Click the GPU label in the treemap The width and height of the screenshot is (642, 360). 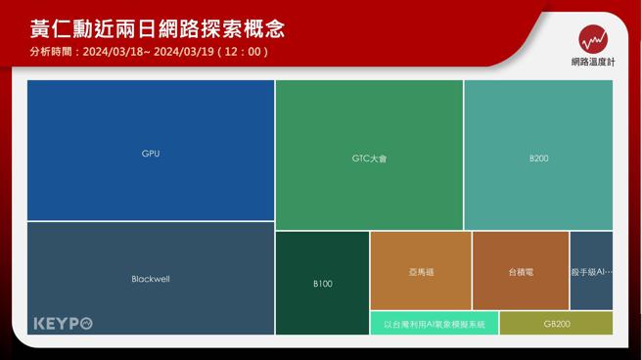(151, 154)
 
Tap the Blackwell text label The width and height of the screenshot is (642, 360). (151, 279)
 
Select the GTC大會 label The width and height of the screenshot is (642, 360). (369, 157)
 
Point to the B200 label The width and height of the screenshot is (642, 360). (539, 157)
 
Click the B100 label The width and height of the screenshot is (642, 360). (323, 284)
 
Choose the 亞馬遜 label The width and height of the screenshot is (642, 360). (421, 271)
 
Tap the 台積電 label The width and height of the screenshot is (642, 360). (521, 271)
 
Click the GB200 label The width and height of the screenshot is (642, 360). (556, 324)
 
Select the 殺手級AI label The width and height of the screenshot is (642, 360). (591, 271)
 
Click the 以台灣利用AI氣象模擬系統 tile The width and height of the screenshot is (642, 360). (434, 324)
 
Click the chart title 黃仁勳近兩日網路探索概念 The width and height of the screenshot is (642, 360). (158, 27)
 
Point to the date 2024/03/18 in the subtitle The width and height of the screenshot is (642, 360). (116, 52)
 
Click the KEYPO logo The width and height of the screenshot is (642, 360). (63, 323)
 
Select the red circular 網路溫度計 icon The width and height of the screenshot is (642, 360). (593, 39)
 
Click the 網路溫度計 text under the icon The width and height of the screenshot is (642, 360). (593, 62)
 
